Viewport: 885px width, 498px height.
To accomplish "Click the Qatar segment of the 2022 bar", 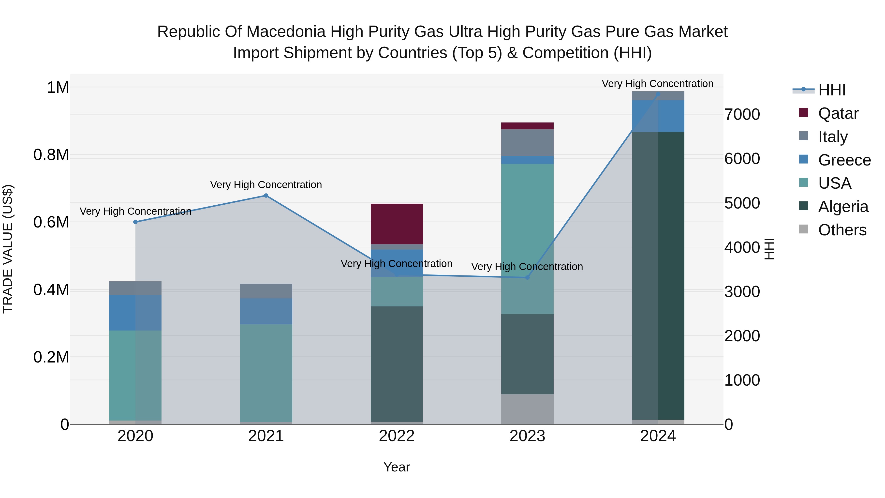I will point(397,224).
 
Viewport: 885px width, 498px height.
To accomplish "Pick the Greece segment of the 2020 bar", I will point(135,313).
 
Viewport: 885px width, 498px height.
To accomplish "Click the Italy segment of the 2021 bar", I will point(266,291).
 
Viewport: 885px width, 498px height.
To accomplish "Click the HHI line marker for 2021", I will point(266,196).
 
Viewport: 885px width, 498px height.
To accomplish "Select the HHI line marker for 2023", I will point(528,277).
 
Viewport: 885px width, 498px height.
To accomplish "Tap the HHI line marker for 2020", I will point(135,222).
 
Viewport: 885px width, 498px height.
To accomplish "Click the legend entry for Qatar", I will point(838,113).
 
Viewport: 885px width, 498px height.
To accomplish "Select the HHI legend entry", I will point(831,90).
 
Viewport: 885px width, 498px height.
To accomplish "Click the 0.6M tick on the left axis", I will point(51,222).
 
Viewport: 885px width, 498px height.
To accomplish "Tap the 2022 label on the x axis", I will point(397,436).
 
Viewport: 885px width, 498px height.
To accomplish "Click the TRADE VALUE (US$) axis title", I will point(8,249).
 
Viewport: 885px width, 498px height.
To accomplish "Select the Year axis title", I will point(397,467).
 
